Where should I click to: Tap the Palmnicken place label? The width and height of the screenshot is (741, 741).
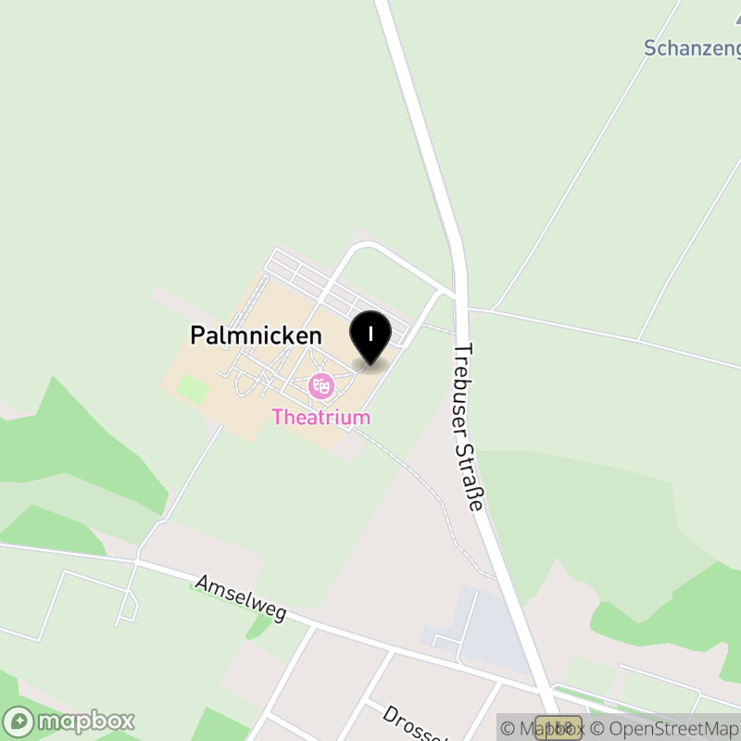click(256, 335)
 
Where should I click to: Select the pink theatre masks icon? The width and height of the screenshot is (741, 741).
click(321, 385)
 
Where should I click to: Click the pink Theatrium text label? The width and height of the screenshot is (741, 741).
click(321, 417)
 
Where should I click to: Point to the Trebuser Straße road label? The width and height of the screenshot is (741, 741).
click(469, 427)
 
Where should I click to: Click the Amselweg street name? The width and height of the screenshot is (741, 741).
click(241, 598)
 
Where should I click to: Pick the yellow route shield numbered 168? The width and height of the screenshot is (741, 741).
click(559, 728)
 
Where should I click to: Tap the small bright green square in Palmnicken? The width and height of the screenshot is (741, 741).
click(193, 389)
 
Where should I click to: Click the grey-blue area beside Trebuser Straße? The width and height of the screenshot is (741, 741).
click(486, 630)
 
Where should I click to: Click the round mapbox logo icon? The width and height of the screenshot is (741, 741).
click(19, 721)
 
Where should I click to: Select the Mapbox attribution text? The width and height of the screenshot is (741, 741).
click(543, 729)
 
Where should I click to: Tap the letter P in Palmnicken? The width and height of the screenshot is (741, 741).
click(197, 335)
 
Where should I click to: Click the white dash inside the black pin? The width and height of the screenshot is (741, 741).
click(370, 332)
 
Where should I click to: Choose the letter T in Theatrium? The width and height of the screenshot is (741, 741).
click(278, 417)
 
